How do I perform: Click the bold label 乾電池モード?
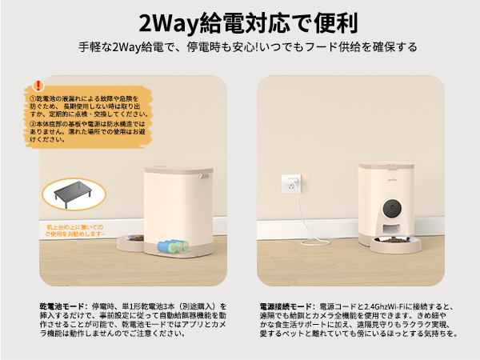pos(64,306)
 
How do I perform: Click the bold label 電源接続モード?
pos(287,306)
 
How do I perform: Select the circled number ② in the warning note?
pos(32,124)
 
